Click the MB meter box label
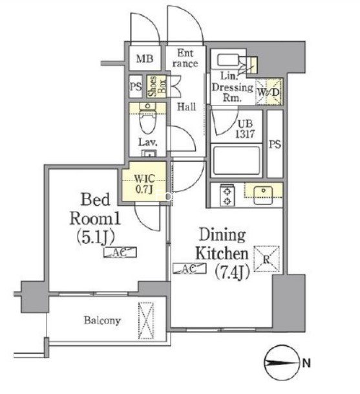click(145, 59)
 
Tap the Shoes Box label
click(157, 87)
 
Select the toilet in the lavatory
click(148, 118)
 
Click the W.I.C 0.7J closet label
click(144, 184)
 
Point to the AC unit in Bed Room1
click(120, 252)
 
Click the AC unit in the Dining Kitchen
click(189, 268)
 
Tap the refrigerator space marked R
click(266, 259)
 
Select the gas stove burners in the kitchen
click(228, 195)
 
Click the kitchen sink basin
click(263, 195)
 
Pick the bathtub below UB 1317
click(236, 160)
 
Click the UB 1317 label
click(245, 129)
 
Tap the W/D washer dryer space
click(268, 92)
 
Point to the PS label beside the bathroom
click(275, 144)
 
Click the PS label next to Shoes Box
click(136, 87)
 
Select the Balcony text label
click(102, 320)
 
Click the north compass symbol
click(282, 363)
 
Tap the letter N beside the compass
click(306, 363)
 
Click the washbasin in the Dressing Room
click(228, 60)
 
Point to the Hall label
click(186, 107)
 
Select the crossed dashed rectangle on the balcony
click(146, 320)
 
